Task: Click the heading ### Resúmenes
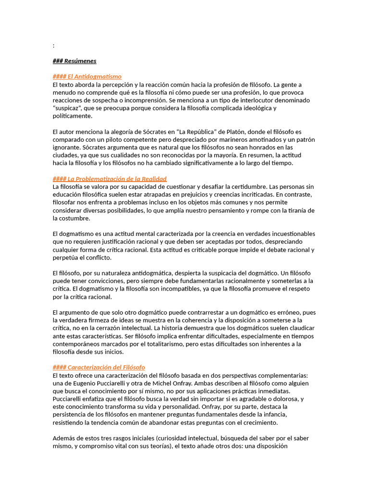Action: tap(74, 61)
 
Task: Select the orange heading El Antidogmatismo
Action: tap(87, 76)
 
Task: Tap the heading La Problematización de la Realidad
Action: tap(110, 179)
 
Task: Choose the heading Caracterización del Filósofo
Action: tap(98, 367)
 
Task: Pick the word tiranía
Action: tap(295, 210)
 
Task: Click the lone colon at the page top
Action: tap(53, 46)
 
